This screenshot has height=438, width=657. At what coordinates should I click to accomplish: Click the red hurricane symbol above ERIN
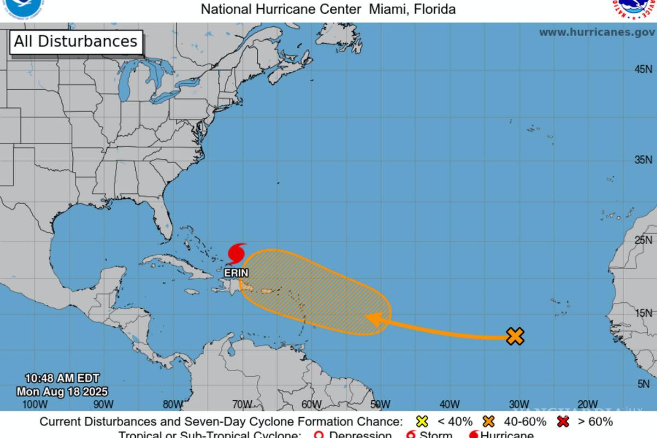236,253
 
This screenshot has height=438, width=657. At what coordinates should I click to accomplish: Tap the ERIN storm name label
237,273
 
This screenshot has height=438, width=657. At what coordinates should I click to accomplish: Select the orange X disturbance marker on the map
515,336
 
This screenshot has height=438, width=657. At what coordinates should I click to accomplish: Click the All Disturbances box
76,42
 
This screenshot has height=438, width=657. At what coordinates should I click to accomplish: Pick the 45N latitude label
643,70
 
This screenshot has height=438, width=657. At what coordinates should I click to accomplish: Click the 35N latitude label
643,160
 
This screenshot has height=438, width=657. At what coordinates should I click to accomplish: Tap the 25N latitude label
643,240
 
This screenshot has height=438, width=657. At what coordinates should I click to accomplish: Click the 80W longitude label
172,405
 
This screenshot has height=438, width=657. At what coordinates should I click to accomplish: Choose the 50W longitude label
380,405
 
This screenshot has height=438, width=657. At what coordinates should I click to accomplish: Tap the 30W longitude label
518,405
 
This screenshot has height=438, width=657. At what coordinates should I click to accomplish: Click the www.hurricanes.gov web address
597,32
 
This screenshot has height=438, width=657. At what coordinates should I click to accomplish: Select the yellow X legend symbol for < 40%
422,422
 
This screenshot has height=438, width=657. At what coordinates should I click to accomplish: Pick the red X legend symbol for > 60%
563,422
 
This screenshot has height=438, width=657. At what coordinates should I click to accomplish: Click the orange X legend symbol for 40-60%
489,422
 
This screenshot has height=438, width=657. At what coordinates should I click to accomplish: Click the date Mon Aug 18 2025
62,391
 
